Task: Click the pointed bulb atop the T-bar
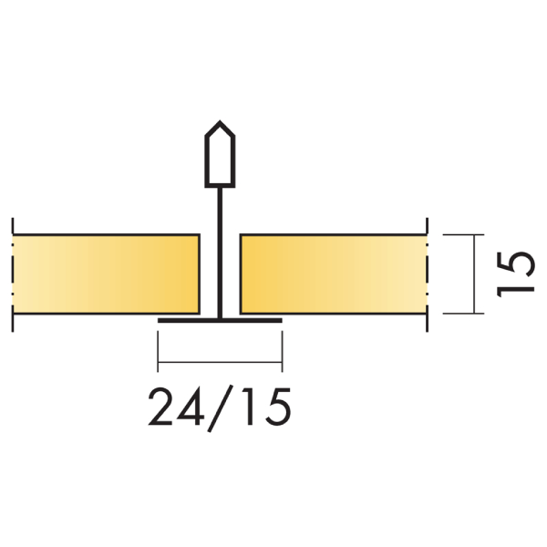pos(220,152)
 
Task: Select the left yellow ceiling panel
pos(108,273)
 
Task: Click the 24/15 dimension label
pos(220,408)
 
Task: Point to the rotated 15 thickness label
pos(517,273)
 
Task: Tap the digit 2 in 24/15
pos(163,408)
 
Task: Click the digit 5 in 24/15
pos(274,408)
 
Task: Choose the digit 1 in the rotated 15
pos(517,288)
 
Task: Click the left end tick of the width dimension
pos(159,351)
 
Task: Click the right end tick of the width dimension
pos(282,351)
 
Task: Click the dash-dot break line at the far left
pos(13,273)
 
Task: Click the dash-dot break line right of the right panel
pos(427,273)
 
